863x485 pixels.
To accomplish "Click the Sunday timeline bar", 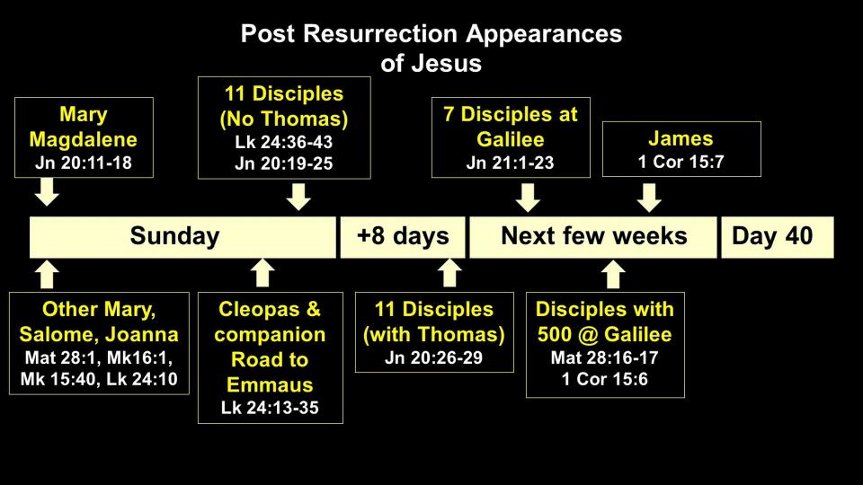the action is click(182, 237).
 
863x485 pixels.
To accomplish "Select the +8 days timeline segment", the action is click(403, 237).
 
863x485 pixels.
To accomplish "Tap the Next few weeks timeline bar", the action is click(592, 237).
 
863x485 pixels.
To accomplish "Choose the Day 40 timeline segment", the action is click(777, 237).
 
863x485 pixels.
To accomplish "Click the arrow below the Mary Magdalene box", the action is click(47, 192).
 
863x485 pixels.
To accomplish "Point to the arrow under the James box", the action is click(649, 198).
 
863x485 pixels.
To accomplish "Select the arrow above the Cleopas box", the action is click(262, 273).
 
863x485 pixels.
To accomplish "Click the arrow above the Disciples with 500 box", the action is click(613, 274).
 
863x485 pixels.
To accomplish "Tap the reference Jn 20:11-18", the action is click(83, 163).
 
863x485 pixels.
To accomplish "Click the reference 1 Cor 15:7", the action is click(681, 162).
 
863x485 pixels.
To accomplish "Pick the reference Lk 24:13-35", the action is click(270, 408).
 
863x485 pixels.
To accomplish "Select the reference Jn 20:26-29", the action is click(433, 357).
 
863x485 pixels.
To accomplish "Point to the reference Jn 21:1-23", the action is click(511, 163).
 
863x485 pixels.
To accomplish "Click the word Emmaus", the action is click(270, 384).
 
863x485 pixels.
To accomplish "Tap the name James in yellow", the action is click(681, 138).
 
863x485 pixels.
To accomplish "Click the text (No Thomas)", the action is click(284, 119).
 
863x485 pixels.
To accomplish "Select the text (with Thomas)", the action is click(433, 334).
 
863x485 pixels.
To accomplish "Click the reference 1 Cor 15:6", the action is click(605, 379).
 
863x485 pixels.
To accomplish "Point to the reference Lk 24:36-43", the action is click(284, 142).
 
